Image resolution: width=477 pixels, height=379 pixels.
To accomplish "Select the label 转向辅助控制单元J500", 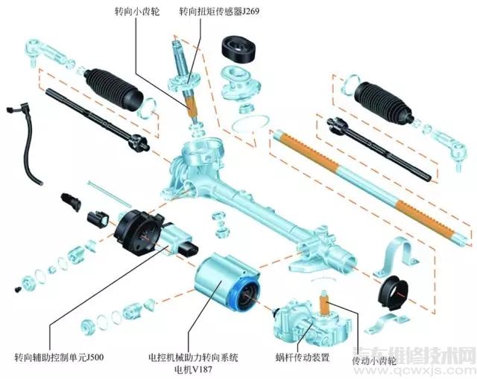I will click(59, 357).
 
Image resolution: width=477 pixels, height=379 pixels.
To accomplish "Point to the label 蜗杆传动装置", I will click(301, 357).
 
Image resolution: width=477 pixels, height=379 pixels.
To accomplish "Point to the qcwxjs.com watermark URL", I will click(437, 369).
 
